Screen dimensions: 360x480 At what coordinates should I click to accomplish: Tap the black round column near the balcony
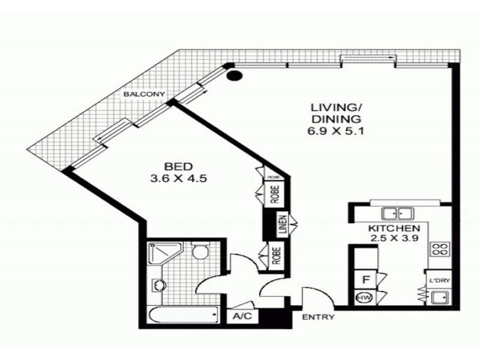pos(234,76)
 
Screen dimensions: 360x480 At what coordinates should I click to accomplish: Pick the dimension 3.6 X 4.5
pos(179,178)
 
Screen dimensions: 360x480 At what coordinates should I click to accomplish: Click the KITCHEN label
pos(393,229)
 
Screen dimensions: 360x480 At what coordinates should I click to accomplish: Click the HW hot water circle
pos(363,298)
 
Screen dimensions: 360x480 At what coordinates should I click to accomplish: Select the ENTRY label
pos(318,317)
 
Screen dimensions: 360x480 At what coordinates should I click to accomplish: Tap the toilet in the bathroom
pos(200,252)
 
